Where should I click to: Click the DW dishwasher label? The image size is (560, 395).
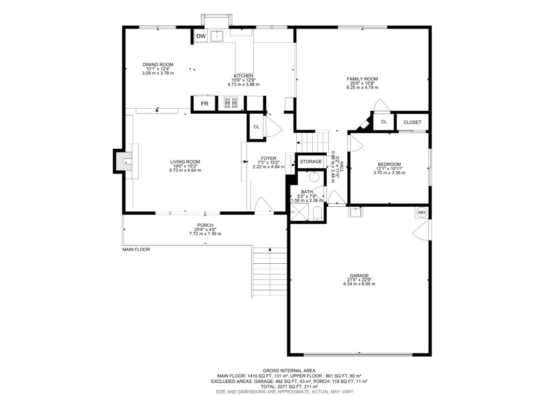coord(201,36)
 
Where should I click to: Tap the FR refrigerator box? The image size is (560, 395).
coord(204,103)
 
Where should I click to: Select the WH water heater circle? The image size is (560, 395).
coord(422,213)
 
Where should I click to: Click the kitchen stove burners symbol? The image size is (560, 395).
coord(231,103)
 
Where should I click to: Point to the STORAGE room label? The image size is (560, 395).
coord(311,162)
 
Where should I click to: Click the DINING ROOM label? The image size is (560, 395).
coord(158,64)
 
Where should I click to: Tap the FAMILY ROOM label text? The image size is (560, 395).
coord(362,79)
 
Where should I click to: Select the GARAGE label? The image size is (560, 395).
coord(359,276)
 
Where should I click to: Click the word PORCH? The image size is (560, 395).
coord(205,225)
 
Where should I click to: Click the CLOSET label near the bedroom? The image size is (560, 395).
coord(413,122)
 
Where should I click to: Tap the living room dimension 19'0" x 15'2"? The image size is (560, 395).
coord(185,166)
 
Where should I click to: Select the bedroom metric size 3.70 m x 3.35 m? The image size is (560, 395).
coord(389,173)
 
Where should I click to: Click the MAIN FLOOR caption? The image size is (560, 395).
coord(136,249)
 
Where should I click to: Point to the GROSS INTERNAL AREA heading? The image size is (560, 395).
coord(289,371)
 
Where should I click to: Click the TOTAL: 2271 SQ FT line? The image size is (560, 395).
coord(289,387)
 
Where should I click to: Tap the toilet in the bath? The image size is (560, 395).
coord(317,214)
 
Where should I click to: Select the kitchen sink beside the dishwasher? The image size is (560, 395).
coord(217,36)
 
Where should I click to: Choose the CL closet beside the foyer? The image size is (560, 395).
coord(256,127)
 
